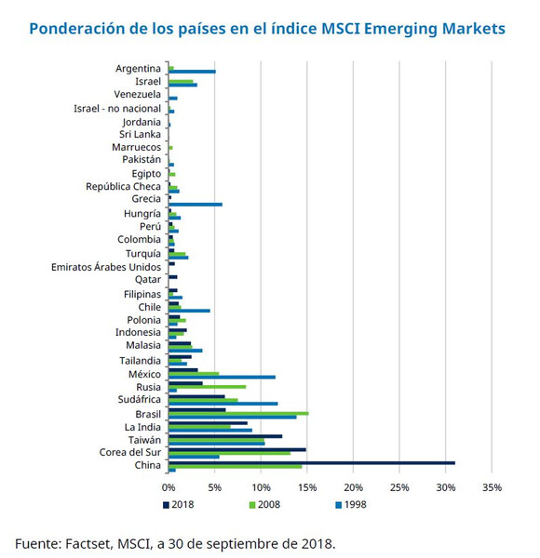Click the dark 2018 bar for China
311,462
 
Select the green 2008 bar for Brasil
238,413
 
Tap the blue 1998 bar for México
222,377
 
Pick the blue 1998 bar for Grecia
196,204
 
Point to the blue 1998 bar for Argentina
192,72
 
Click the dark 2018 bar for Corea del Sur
236,449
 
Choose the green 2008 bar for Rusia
207,386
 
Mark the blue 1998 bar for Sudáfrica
223,404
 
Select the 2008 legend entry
265,504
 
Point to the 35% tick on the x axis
493,486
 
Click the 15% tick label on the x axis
307,486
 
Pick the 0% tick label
169,486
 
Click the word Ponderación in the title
74,29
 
